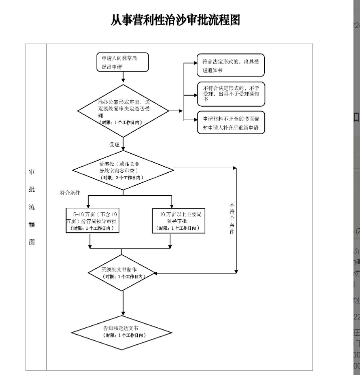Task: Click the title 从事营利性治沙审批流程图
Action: pyautogui.click(x=176, y=20)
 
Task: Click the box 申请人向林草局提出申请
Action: pyautogui.click(x=117, y=62)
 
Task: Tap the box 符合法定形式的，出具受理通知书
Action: pyautogui.click(x=230, y=65)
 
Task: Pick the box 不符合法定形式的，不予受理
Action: pyautogui.click(x=230, y=94)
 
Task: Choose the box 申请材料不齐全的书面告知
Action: pyautogui.click(x=230, y=122)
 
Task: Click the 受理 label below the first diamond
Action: pyautogui.click(x=115, y=144)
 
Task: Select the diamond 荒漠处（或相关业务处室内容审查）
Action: pyautogui.click(x=122, y=170)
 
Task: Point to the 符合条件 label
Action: pyautogui.click(x=70, y=192)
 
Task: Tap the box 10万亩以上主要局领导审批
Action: pyautogui.click(x=178, y=221)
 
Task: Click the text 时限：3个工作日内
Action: pyautogui.click(x=120, y=177)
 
